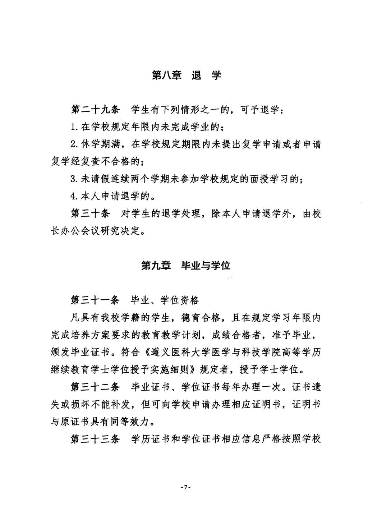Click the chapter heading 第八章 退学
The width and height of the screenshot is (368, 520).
pos(186,75)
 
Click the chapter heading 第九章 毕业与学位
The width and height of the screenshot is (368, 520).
pos(186,266)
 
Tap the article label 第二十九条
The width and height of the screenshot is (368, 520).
pos(95,110)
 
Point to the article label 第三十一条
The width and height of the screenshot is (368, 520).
pos(95,300)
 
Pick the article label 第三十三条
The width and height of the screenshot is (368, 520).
pos(95,440)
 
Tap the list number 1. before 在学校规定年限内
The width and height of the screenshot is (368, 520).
pos(74,128)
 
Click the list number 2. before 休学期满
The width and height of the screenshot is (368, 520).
pos(74,145)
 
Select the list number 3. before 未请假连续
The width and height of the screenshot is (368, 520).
pos(74,179)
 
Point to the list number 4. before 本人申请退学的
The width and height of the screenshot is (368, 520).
pos(74,197)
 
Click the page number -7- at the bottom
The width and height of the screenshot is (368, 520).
pos(186,487)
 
